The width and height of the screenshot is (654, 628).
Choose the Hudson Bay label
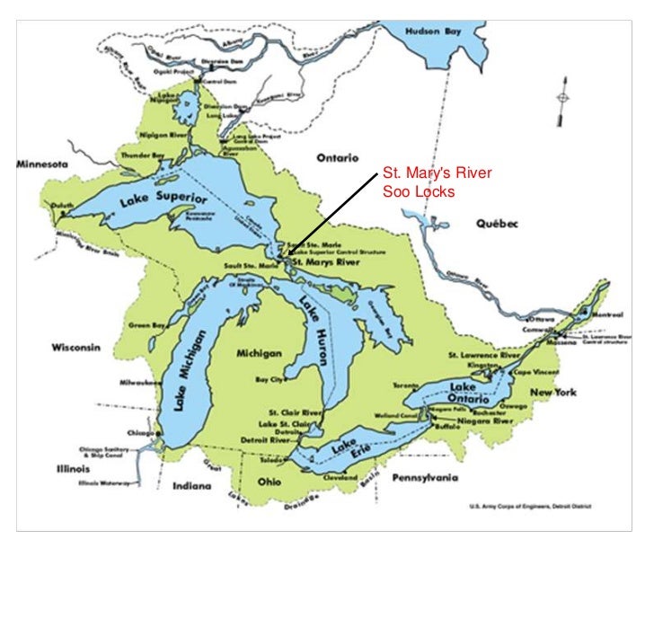[435, 30]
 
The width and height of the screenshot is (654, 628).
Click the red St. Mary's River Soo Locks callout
[425, 182]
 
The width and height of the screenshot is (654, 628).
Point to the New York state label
[552, 392]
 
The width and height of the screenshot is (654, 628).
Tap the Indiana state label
[191, 486]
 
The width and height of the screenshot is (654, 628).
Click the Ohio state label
[270, 480]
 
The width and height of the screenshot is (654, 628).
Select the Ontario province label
[338, 157]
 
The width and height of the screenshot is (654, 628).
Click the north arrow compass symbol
[562, 99]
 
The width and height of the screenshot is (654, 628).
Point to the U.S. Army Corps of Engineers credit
[535, 506]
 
